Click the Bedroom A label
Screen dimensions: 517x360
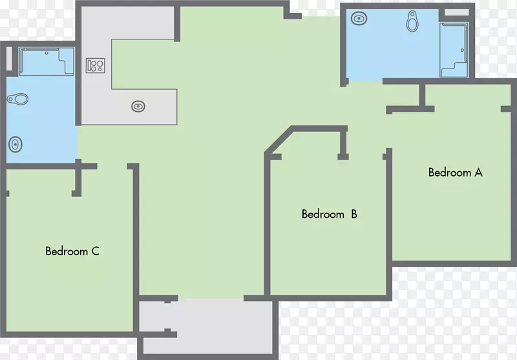(x=456, y=173)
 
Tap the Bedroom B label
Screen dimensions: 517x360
(x=330, y=215)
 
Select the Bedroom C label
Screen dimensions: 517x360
(x=72, y=251)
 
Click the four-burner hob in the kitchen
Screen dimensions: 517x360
(x=95, y=65)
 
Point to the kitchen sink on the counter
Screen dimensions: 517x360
(x=138, y=107)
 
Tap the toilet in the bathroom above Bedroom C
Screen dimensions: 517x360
(x=18, y=99)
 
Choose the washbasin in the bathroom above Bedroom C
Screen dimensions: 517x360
(x=15, y=144)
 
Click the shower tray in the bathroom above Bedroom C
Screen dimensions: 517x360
(x=47, y=61)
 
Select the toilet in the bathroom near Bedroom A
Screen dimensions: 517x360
(x=412, y=21)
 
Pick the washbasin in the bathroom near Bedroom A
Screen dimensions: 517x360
(x=359, y=19)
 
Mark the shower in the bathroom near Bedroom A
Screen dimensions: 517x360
(x=454, y=50)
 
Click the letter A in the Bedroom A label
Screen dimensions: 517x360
(x=478, y=173)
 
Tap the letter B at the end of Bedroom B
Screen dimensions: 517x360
(x=354, y=215)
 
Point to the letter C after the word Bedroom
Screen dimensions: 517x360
(x=95, y=251)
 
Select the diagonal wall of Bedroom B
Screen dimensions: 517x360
(x=279, y=140)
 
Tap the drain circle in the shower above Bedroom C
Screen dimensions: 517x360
(x=47, y=53)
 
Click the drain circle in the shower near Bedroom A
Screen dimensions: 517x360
(x=462, y=50)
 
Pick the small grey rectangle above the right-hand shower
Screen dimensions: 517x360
(x=457, y=12)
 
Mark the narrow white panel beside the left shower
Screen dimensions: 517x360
(x=9, y=59)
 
